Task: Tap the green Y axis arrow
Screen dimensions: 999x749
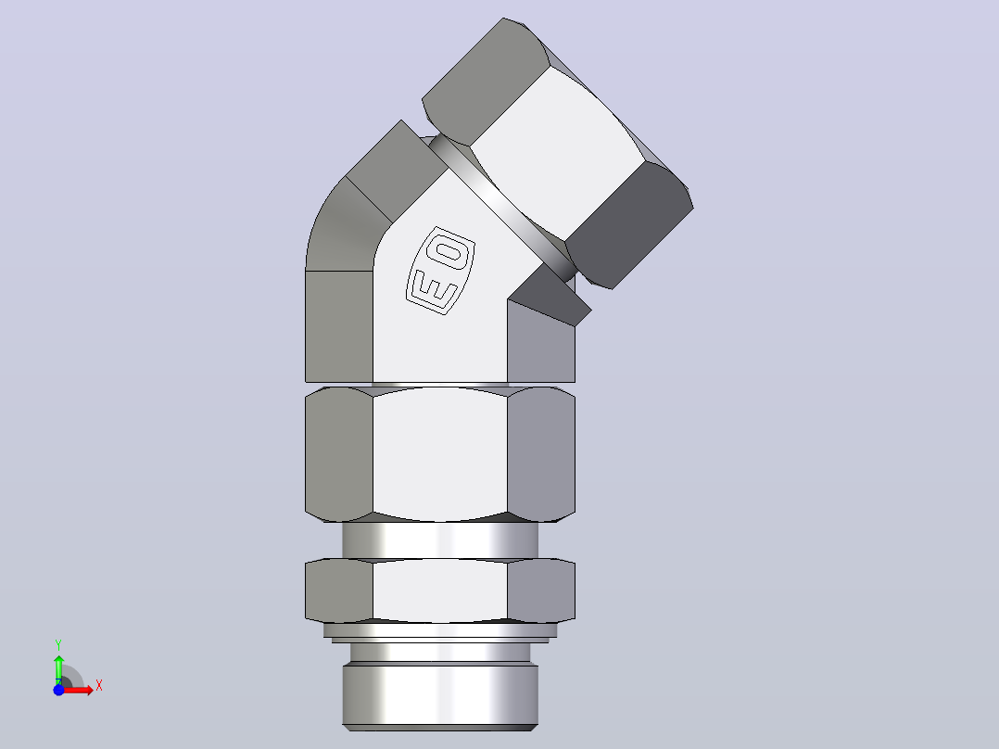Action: pyautogui.click(x=59, y=668)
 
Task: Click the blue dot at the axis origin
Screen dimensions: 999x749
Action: pyautogui.click(x=58, y=690)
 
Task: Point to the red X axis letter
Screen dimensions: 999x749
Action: pyautogui.click(x=99, y=686)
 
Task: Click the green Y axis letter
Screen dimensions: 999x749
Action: pyautogui.click(x=58, y=645)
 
